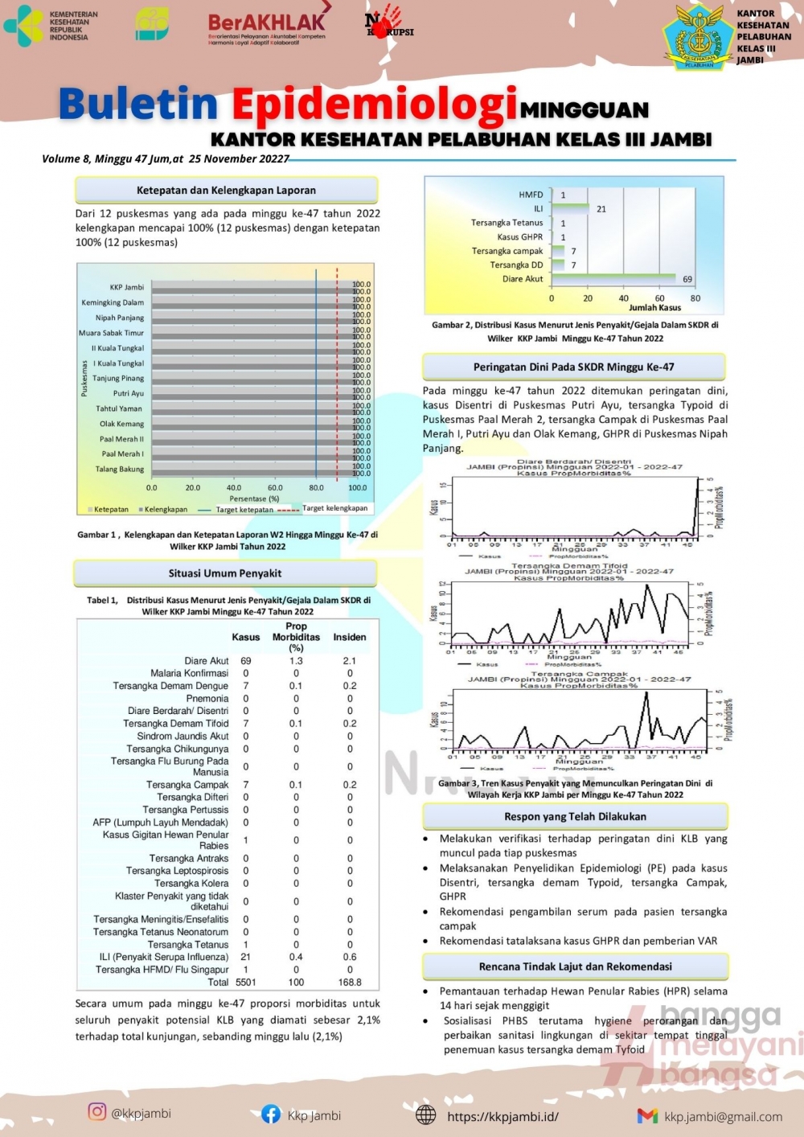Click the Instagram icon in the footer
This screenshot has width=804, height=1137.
pos(97,1111)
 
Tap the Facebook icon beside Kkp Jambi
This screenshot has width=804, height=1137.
pos(271,1114)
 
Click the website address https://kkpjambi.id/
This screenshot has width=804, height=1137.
pos(503,1116)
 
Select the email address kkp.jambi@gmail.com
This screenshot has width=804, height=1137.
pos(723,1116)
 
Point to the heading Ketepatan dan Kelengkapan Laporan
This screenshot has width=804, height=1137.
pos(226,191)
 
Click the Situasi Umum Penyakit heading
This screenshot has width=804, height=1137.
pos(225,573)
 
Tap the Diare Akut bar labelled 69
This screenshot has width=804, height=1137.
pos(614,278)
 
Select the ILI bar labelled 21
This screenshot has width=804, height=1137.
pos(570,208)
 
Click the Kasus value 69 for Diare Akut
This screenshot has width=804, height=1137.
pos(246,661)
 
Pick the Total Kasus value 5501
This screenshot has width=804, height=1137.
pos(246,982)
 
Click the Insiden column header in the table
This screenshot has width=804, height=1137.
pos(350,637)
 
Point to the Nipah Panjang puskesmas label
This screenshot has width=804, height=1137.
pos(120,318)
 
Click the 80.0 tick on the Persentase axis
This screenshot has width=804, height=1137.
pos(316,487)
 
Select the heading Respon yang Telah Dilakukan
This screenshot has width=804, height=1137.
pos(575,816)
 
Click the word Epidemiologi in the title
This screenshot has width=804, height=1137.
pos(375,105)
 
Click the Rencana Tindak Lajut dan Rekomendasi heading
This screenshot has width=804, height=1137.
pos(575,967)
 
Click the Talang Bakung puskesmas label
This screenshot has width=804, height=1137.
pos(120,469)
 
